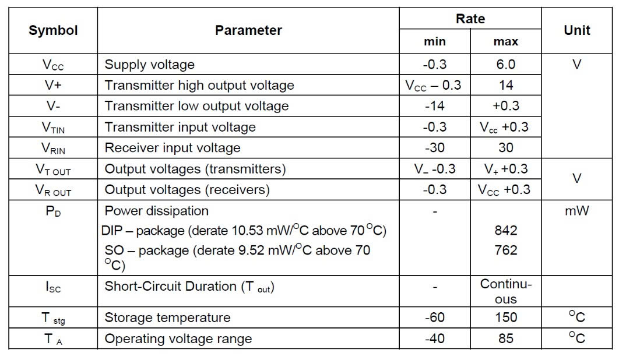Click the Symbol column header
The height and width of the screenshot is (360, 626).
(x=53, y=30)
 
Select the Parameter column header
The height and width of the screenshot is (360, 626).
(x=248, y=30)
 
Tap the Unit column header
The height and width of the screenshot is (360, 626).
(x=576, y=30)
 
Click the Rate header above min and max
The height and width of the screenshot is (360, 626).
(x=470, y=19)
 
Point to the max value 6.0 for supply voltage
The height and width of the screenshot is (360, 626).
(x=505, y=64)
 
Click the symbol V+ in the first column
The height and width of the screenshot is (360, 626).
(x=53, y=85)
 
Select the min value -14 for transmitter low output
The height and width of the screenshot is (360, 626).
(x=435, y=106)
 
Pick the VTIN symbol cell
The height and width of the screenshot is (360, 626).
(x=53, y=128)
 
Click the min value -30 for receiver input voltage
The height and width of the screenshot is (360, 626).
(x=435, y=148)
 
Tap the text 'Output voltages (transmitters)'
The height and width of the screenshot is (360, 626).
(x=195, y=169)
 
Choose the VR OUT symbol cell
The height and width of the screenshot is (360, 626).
(x=53, y=190)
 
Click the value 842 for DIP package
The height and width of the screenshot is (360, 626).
(x=505, y=230)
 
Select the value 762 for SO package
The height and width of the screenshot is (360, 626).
(x=505, y=250)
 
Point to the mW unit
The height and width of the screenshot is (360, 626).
(x=576, y=211)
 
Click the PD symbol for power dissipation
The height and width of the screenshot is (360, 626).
(x=53, y=211)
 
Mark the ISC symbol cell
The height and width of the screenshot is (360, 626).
(x=53, y=287)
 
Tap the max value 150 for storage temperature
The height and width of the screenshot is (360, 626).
(x=505, y=317)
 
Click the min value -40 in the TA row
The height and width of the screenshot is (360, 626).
(x=435, y=338)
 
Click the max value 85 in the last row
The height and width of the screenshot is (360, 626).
(x=505, y=338)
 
